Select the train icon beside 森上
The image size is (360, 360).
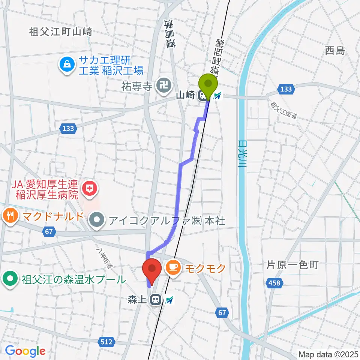coord(154,300)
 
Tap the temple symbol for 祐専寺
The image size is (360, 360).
coord(163,86)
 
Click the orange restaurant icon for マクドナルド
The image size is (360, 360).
coord(10,216)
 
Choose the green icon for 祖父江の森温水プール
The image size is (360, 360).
coord(10,279)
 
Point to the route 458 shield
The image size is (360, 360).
coord(274,283)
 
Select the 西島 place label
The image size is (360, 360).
coord(334,51)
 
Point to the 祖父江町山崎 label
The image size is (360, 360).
coord(60,32)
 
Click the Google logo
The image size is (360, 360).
coord(25,351)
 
